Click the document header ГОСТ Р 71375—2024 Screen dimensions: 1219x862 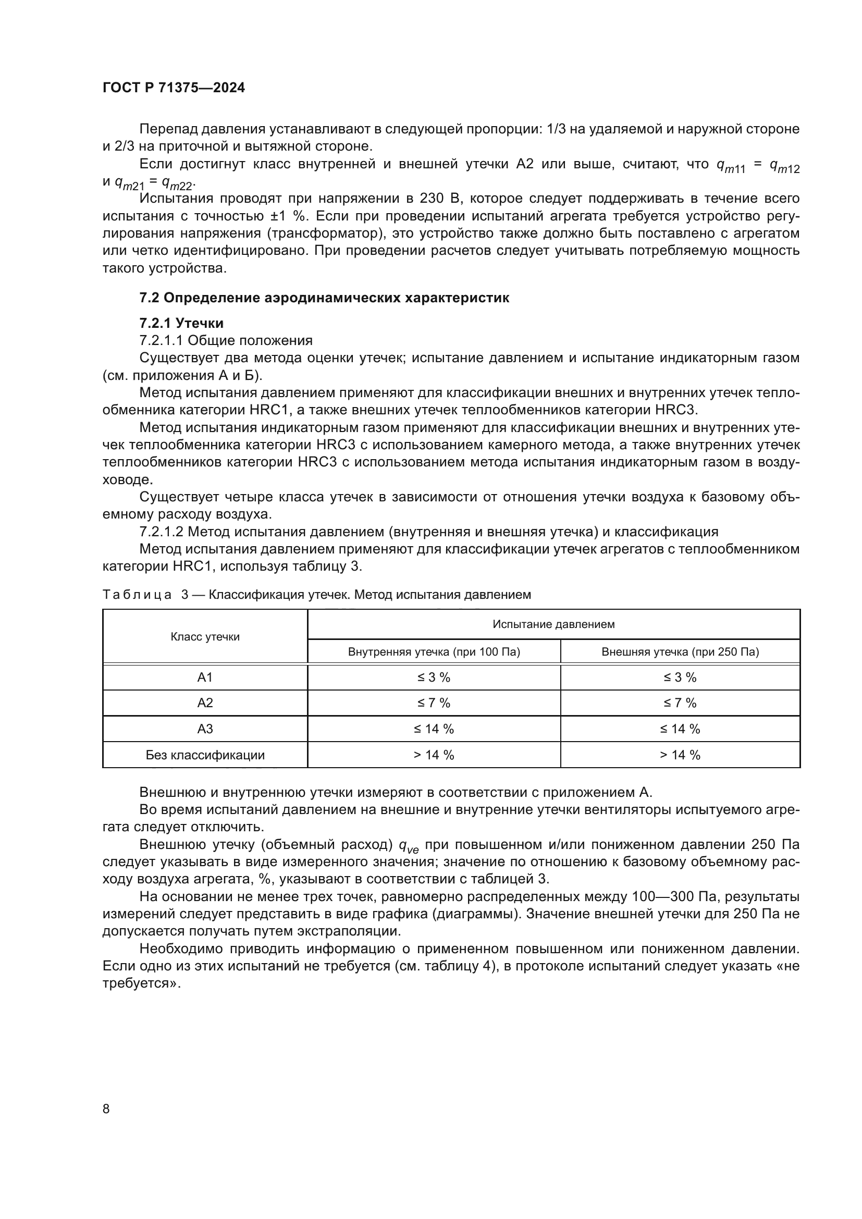coord(174,88)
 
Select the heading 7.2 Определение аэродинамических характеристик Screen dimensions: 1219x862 coord(324,298)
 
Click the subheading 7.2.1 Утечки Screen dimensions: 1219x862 coord(181,323)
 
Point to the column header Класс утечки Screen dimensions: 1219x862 coord(205,636)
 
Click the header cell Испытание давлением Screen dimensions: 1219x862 coord(553,624)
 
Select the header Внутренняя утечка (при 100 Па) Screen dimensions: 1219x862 coord(434,651)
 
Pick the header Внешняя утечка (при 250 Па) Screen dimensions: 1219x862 coord(680,651)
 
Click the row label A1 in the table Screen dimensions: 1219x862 coord(205,678)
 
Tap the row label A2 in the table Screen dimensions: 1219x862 coord(205,703)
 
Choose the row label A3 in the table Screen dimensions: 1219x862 coord(205,729)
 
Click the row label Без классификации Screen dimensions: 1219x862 coord(205,755)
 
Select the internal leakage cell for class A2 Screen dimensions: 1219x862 coord(434,703)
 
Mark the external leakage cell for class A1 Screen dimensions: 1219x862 coord(680,678)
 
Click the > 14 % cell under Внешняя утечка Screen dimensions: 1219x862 coord(680,755)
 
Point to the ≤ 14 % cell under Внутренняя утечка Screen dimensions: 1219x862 coord(434,729)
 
